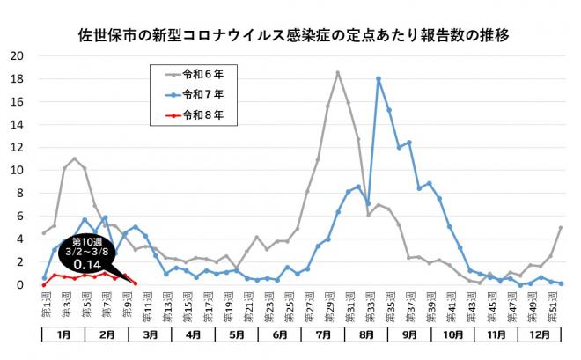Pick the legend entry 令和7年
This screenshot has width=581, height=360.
pos(202,93)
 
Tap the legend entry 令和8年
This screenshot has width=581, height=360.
pos(202,114)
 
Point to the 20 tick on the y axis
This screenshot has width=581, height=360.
pos(17,55)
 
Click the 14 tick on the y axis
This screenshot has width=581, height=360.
pos(17,124)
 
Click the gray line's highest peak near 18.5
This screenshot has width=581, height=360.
pos(337,72)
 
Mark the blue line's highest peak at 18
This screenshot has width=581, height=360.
pos(379,78)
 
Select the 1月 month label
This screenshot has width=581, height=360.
pos(65,335)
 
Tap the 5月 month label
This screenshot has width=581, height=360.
pos(237,335)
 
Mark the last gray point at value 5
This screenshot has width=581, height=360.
pos(561,227)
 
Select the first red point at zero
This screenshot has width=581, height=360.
pos(44,284)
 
